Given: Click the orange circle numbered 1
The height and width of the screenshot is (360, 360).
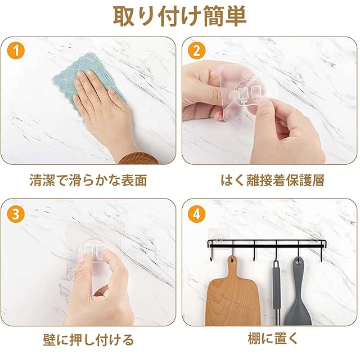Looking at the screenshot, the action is point(16,51).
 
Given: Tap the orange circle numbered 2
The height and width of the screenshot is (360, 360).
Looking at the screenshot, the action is point(196,51).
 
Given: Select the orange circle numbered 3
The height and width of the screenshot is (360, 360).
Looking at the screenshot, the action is point(16,214).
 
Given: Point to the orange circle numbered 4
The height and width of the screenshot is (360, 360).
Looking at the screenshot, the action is point(196,214).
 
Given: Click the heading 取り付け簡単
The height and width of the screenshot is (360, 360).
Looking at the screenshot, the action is point(180,16).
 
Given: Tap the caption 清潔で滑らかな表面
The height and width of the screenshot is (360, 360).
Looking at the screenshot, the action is point(88,180).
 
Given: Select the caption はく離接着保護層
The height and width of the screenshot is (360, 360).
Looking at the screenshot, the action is point(272,180).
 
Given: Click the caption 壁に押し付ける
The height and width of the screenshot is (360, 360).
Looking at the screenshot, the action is point(88,340).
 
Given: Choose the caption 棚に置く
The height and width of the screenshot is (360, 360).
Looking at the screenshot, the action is point(272,339).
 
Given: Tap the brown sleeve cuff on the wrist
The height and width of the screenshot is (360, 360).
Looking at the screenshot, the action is point(138,159).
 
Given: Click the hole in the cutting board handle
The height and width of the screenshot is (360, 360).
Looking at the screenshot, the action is point(232,260).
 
